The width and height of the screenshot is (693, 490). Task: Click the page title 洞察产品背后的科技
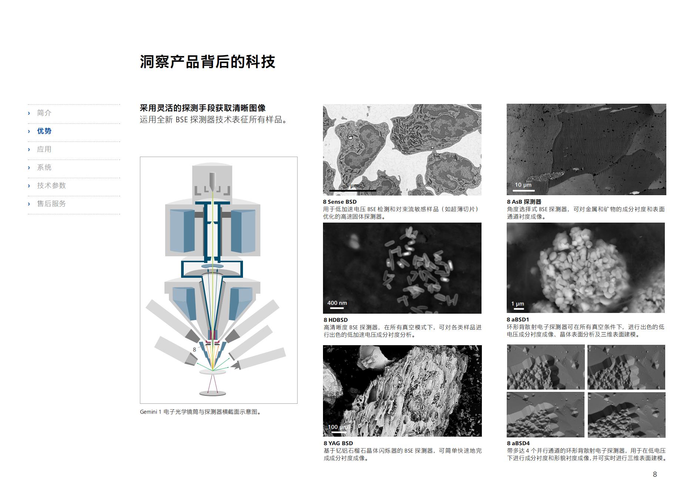(x=207, y=62)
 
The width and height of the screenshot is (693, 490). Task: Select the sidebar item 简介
(x=44, y=113)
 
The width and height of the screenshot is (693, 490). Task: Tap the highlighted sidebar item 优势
(x=44, y=131)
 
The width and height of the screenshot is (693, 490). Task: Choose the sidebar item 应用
(x=44, y=149)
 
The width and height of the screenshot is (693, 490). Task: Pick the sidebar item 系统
(x=44, y=167)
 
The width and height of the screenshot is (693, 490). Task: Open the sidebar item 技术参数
(x=51, y=186)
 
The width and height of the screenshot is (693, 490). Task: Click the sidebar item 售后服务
(x=51, y=204)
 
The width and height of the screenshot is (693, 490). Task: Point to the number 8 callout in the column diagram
(x=194, y=350)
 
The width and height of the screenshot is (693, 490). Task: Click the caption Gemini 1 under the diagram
(x=150, y=412)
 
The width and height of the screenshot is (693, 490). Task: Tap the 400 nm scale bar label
(x=337, y=303)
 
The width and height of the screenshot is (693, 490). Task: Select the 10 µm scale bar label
(x=523, y=185)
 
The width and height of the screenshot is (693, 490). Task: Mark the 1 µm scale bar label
(x=517, y=304)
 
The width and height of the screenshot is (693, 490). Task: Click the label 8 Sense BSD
(x=340, y=202)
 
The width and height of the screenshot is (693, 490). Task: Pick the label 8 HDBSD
(x=336, y=320)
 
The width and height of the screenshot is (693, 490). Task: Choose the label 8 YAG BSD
(x=338, y=443)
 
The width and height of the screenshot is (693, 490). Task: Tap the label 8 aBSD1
(x=518, y=320)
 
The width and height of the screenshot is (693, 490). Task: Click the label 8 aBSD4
(x=518, y=443)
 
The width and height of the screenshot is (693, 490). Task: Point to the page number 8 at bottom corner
(x=655, y=474)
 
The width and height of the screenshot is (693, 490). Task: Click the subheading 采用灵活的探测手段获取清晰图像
(x=203, y=108)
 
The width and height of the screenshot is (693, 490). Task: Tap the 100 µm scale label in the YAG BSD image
(x=337, y=427)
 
